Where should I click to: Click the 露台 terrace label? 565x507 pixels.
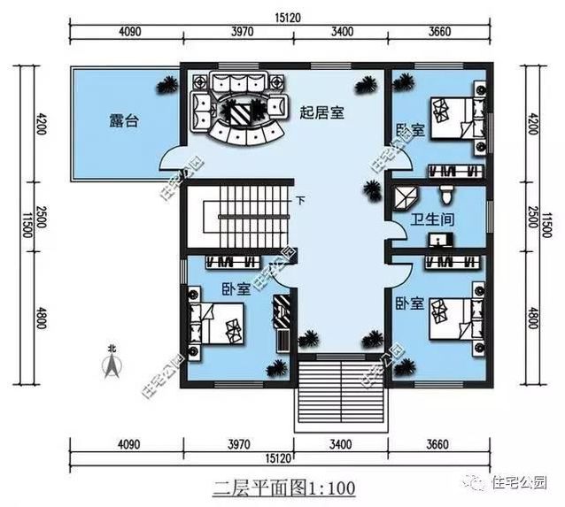pos(124,122)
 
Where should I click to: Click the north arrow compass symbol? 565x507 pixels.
pos(112,365)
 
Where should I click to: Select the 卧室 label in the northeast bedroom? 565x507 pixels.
pos(408,130)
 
